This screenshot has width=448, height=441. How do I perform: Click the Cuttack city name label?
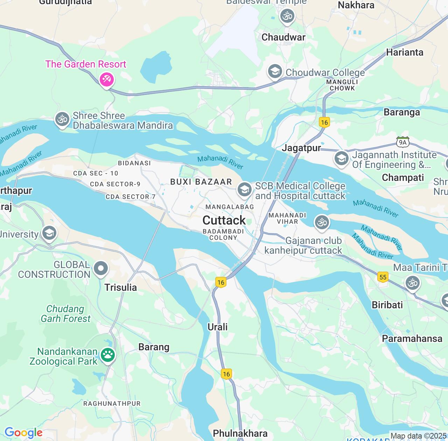(x=224, y=220)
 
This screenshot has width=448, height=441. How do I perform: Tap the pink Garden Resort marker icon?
(x=106, y=79)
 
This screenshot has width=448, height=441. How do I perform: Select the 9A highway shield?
(x=402, y=142)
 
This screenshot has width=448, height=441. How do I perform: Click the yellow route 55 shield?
(x=383, y=277)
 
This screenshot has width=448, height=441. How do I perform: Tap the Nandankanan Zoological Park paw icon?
(x=108, y=355)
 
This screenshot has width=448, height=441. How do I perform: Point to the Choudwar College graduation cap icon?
(x=275, y=71)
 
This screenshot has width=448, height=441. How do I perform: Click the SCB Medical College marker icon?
(x=244, y=190)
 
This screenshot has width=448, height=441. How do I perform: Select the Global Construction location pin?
(x=101, y=268)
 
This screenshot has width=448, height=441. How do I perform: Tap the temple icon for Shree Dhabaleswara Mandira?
(x=62, y=119)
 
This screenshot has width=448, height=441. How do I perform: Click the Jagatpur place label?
(x=301, y=148)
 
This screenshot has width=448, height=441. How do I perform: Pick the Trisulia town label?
(x=120, y=287)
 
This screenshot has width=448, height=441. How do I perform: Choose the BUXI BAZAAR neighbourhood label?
(x=201, y=182)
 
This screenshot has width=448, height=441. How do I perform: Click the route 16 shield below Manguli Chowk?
(x=324, y=122)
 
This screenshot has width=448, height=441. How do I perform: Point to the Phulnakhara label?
(x=240, y=433)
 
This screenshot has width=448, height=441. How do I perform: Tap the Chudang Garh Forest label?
(x=65, y=314)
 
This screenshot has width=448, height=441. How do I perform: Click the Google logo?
(x=23, y=433)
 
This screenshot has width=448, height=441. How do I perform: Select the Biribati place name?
(x=387, y=305)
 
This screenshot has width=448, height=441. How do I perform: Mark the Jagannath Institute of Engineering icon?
(x=341, y=159)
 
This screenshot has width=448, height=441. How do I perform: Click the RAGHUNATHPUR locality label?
(x=112, y=404)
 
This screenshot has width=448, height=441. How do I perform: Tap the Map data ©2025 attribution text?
(x=418, y=436)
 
